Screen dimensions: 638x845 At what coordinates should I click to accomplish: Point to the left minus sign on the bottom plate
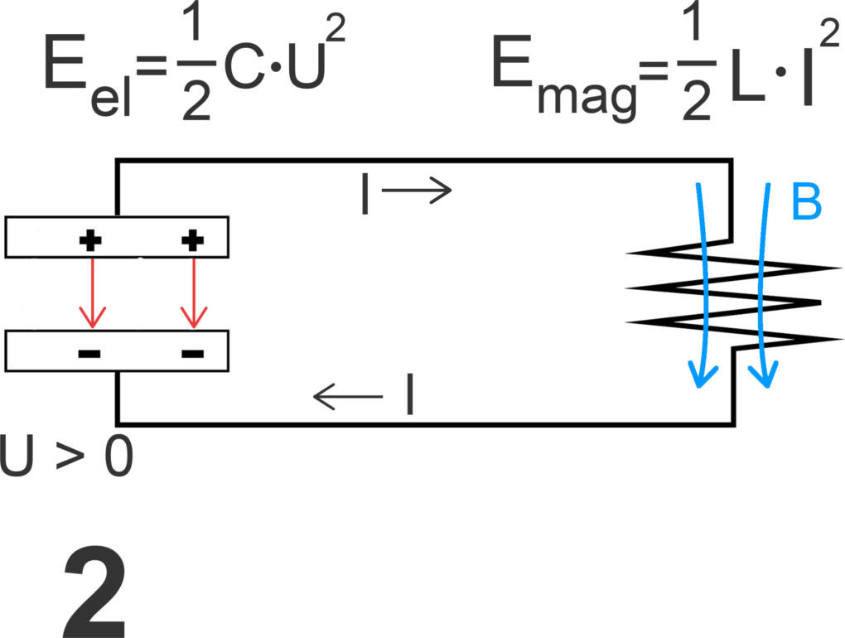point(89,354)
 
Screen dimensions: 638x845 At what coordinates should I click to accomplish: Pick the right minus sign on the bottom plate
point(192,354)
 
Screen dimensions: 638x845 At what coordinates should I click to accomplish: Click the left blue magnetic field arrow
point(703,282)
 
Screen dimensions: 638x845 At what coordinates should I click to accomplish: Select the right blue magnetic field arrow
point(764,282)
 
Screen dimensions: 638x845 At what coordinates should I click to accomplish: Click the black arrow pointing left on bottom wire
point(348,398)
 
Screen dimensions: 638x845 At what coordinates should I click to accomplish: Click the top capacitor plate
point(117,237)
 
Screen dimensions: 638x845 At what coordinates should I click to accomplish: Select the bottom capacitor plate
point(117,350)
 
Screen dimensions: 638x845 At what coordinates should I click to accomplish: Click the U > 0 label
point(66,457)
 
